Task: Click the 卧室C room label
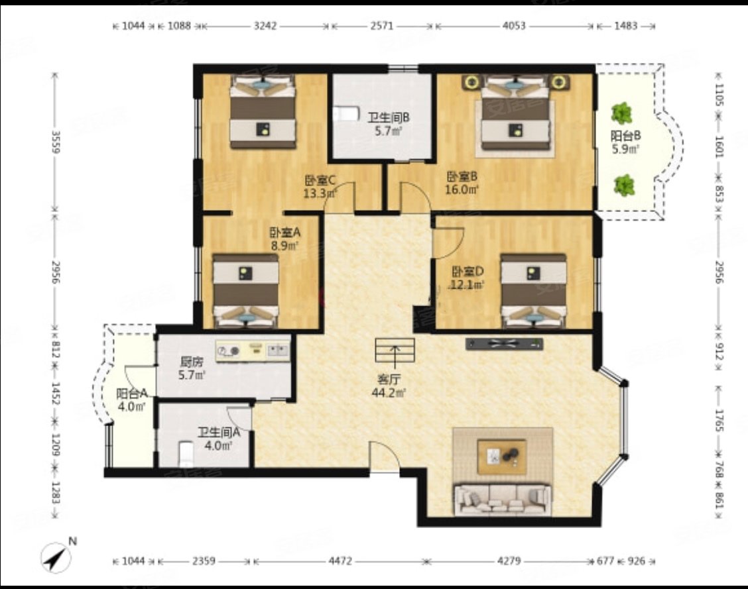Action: pyautogui.click(x=320, y=181)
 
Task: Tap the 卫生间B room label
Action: pyautogui.click(x=389, y=117)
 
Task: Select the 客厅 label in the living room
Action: pyautogui.click(x=389, y=380)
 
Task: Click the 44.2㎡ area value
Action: pyautogui.click(x=389, y=393)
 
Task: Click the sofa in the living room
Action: pyautogui.click(x=503, y=500)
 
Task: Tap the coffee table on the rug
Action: pyautogui.click(x=502, y=456)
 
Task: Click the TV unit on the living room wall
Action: pyautogui.click(x=504, y=344)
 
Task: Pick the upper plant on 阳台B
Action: pyautogui.click(x=621, y=113)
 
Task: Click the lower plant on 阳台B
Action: pyautogui.click(x=624, y=186)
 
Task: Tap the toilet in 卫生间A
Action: pyautogui.click(x=186, y=454)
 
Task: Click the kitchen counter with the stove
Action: pyautogui.click(x=253, y=351)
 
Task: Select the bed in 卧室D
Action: pyautogui.click(x=533, y=291)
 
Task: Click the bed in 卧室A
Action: pyautogui.click(x=245, y=291)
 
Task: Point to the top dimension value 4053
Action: pyautogui.click(x=514, y=26)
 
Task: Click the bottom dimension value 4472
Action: pyautogui.click(x=340, y=561)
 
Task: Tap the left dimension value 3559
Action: pyautogui.click(x=55, y=142)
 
